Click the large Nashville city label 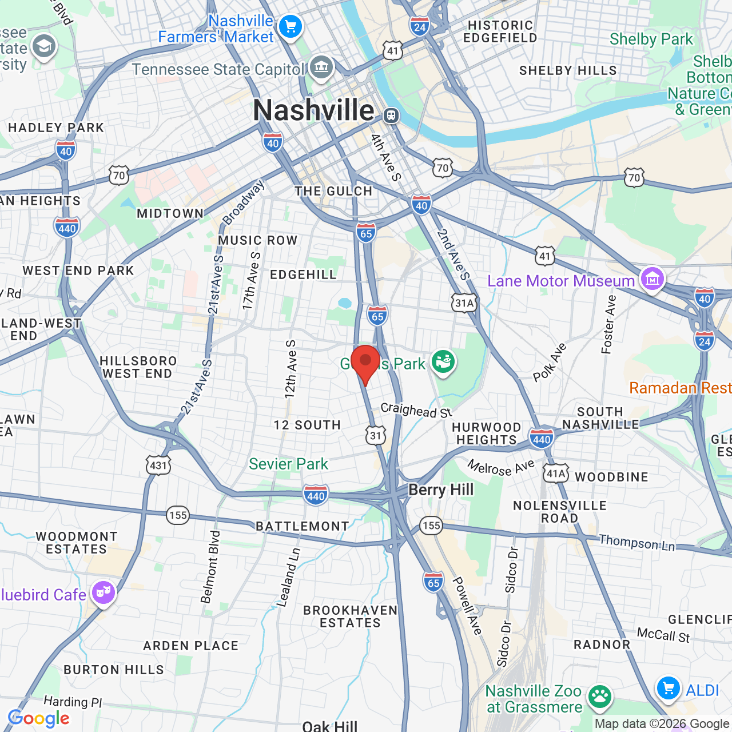click(313, 110)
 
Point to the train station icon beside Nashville click(391, 115)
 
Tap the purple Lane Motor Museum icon click(653, 279)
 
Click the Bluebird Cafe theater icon click(103, 592)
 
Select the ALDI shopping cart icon click(668, 689)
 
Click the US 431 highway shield click(158, 465)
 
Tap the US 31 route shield click(376, 436)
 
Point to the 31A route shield click(464, 303)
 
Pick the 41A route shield click(556, 473)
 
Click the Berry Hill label click(441, 490)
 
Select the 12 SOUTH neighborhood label click(307, 425)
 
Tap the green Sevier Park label click(288, 464)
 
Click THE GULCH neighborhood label click(333, 191)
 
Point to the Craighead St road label click(416, 410)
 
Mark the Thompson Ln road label click(636, 543)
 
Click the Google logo click(39, 718)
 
